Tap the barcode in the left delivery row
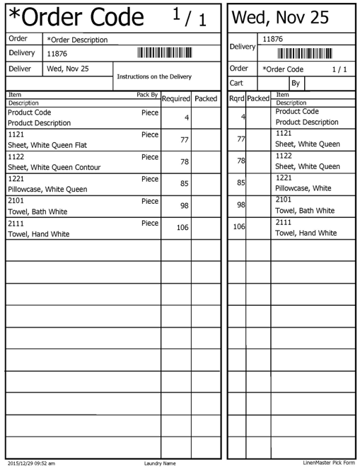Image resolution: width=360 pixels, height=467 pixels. coord(165,52)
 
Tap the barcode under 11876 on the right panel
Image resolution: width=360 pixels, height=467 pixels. coord(305,53)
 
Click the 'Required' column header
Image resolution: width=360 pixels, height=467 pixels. coord(176,99)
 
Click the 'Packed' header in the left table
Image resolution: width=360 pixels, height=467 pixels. coord(206,99)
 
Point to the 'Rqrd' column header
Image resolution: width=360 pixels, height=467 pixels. coord(237,99)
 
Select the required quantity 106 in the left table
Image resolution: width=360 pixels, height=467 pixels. coord(182,228)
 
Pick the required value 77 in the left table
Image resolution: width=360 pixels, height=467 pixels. coord(185,140)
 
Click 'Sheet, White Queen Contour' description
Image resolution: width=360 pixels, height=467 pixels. coord(54,168)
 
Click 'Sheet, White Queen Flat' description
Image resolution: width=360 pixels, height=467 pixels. coord(47,145)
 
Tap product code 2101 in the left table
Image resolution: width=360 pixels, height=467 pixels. coord(16,200)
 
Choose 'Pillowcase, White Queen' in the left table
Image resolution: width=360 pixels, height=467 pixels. coord(47,190)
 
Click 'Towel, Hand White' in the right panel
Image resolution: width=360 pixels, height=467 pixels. coord(306,233)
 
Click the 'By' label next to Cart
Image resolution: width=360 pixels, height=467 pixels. coord(296,83)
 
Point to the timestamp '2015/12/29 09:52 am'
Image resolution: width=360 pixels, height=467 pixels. coord(31,463)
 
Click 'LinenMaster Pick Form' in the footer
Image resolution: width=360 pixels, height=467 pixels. coord(328,463)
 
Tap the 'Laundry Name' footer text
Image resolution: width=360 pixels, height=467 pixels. coord(159,463)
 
